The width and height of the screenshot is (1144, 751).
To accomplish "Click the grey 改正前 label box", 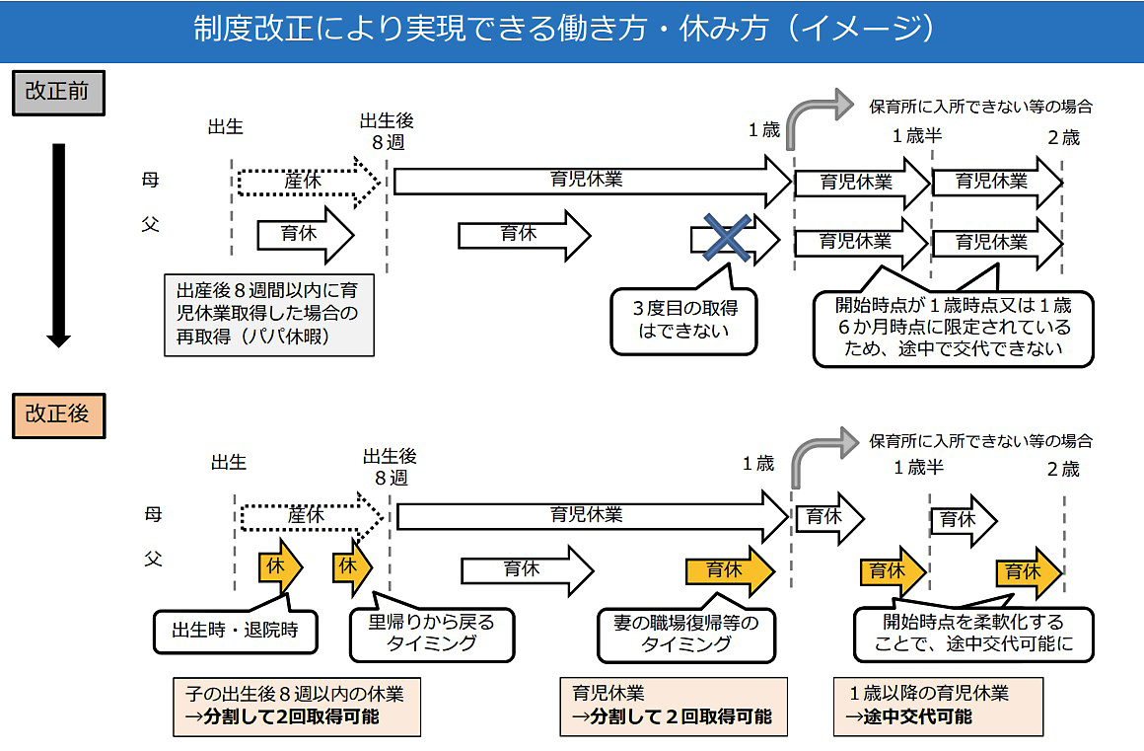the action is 58,93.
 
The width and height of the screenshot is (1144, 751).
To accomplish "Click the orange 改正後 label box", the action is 58,415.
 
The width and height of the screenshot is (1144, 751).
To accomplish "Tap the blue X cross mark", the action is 727,237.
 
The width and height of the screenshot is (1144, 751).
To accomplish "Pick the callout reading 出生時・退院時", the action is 236,629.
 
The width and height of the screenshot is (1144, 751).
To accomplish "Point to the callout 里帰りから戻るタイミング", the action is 432,634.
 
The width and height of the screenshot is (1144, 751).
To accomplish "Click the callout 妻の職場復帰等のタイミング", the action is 685,634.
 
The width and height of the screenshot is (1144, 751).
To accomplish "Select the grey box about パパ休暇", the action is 269,315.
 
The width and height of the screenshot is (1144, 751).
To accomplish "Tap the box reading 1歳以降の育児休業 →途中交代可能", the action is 938,706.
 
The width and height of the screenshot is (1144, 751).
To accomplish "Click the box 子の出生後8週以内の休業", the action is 297,707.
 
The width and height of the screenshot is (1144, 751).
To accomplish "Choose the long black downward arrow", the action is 58,245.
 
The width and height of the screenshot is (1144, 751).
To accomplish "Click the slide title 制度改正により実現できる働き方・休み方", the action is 564,30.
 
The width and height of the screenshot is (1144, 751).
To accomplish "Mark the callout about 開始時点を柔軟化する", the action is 973,632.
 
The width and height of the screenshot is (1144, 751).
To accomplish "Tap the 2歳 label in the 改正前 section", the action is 1064,137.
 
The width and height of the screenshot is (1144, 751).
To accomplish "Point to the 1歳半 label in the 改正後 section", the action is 918,467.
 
